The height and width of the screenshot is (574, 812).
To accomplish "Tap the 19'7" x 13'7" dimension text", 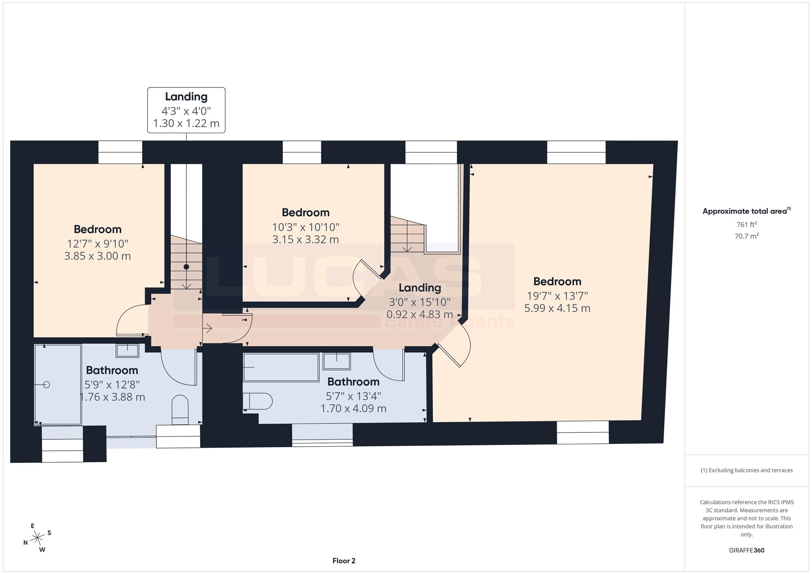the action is tap(557, 296).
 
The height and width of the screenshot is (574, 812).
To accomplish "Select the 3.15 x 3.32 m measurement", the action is tap(305, 239).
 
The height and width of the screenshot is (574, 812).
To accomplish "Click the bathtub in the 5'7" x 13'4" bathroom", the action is tap(281, 368).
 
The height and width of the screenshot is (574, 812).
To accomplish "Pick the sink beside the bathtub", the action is tap(337, 361).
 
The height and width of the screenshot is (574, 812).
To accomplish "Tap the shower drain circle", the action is tap(46, 385).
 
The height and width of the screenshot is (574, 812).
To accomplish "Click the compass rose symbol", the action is tap(37, 538).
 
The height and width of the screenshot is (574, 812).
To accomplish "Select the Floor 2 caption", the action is tap(344, 561).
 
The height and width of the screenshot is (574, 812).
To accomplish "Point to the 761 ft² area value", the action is tap(747, 224).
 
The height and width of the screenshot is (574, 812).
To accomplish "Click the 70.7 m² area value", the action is tap(747, 236).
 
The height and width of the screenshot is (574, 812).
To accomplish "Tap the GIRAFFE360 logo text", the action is tap(747, 550).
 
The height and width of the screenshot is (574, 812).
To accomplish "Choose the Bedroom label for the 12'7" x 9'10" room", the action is tap(97, 229).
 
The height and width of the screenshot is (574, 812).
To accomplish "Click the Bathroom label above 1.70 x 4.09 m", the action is tap(353, 382).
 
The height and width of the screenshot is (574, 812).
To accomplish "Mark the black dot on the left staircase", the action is tap(186, 267).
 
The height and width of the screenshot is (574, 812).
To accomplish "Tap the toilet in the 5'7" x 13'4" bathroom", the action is tap(257, 401).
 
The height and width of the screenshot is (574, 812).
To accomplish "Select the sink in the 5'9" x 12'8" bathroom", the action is tap(127, 350).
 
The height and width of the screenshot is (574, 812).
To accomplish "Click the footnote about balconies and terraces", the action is tap(747, 470).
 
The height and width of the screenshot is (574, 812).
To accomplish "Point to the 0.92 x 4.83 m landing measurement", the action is tap(419, 314).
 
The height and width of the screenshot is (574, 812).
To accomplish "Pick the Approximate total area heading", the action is tap(747, 211).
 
